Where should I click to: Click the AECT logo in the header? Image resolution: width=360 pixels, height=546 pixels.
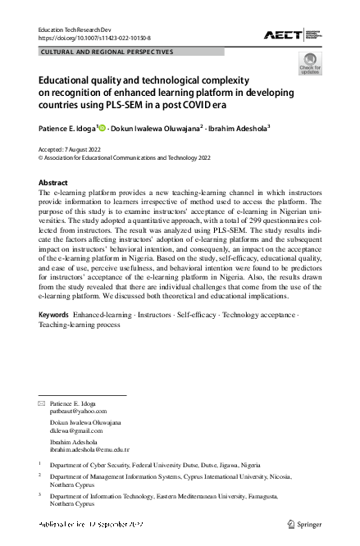[x=291, y=34]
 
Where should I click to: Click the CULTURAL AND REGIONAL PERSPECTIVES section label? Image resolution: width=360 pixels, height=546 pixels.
[x=107, y=52]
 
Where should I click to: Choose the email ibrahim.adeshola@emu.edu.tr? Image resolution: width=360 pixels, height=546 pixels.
[x=90, y=449]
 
